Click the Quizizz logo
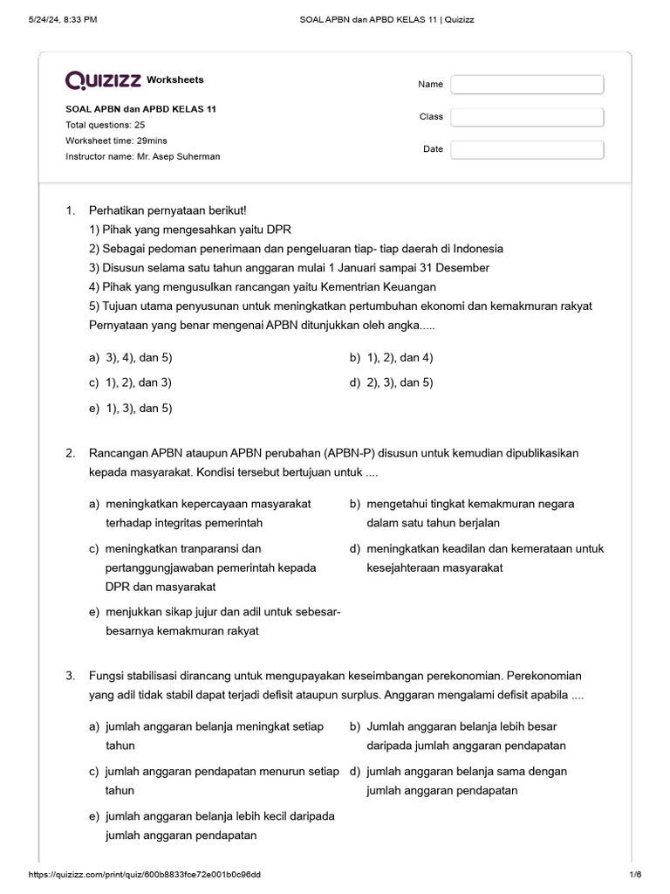(x=103, y=80)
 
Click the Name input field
(x=527, y=85)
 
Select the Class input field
(x=527, y=117)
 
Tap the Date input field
(x=527, y=149)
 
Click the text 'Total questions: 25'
(x=106, y=125)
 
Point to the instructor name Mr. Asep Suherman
(x=143, y=156)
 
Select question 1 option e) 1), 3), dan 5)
(x=130, y=408)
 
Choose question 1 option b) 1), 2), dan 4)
(x=392, y=357)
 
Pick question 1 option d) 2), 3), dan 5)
(x=392, y=382)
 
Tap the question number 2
(x=70, y=453)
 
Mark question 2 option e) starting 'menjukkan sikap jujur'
(x=219, y=622)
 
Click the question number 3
(x=70, y=677)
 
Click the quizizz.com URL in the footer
(x=145, y=875)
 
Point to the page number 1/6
(x=634, y=875)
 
